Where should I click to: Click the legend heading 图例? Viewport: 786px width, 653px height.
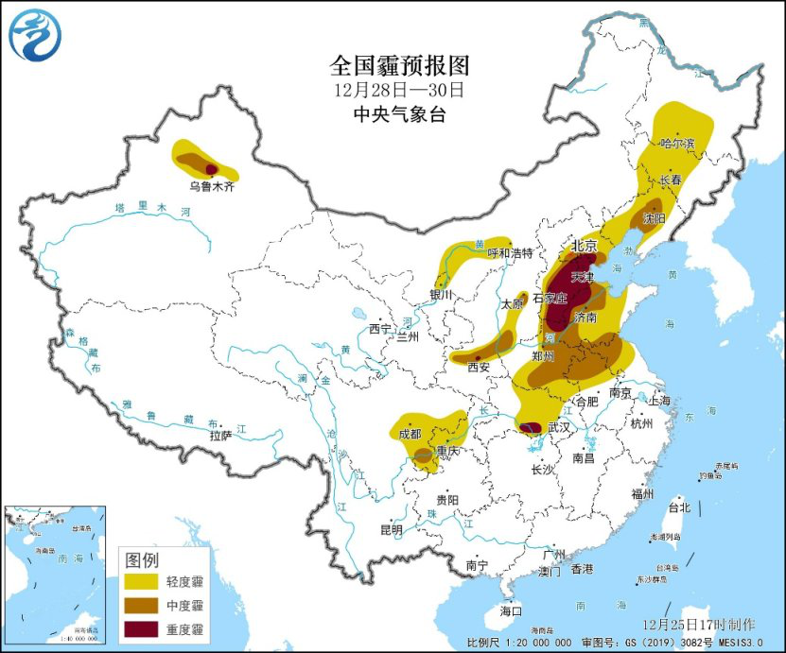pos(141,558)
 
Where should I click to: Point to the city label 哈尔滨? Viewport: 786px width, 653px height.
pos(677,144)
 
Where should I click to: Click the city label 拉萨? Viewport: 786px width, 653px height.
pos(220,436)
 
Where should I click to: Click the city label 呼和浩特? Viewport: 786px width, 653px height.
pos(510,253)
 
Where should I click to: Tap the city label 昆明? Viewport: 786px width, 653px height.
pos(390,528)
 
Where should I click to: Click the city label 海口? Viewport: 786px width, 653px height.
pos(512,611)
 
